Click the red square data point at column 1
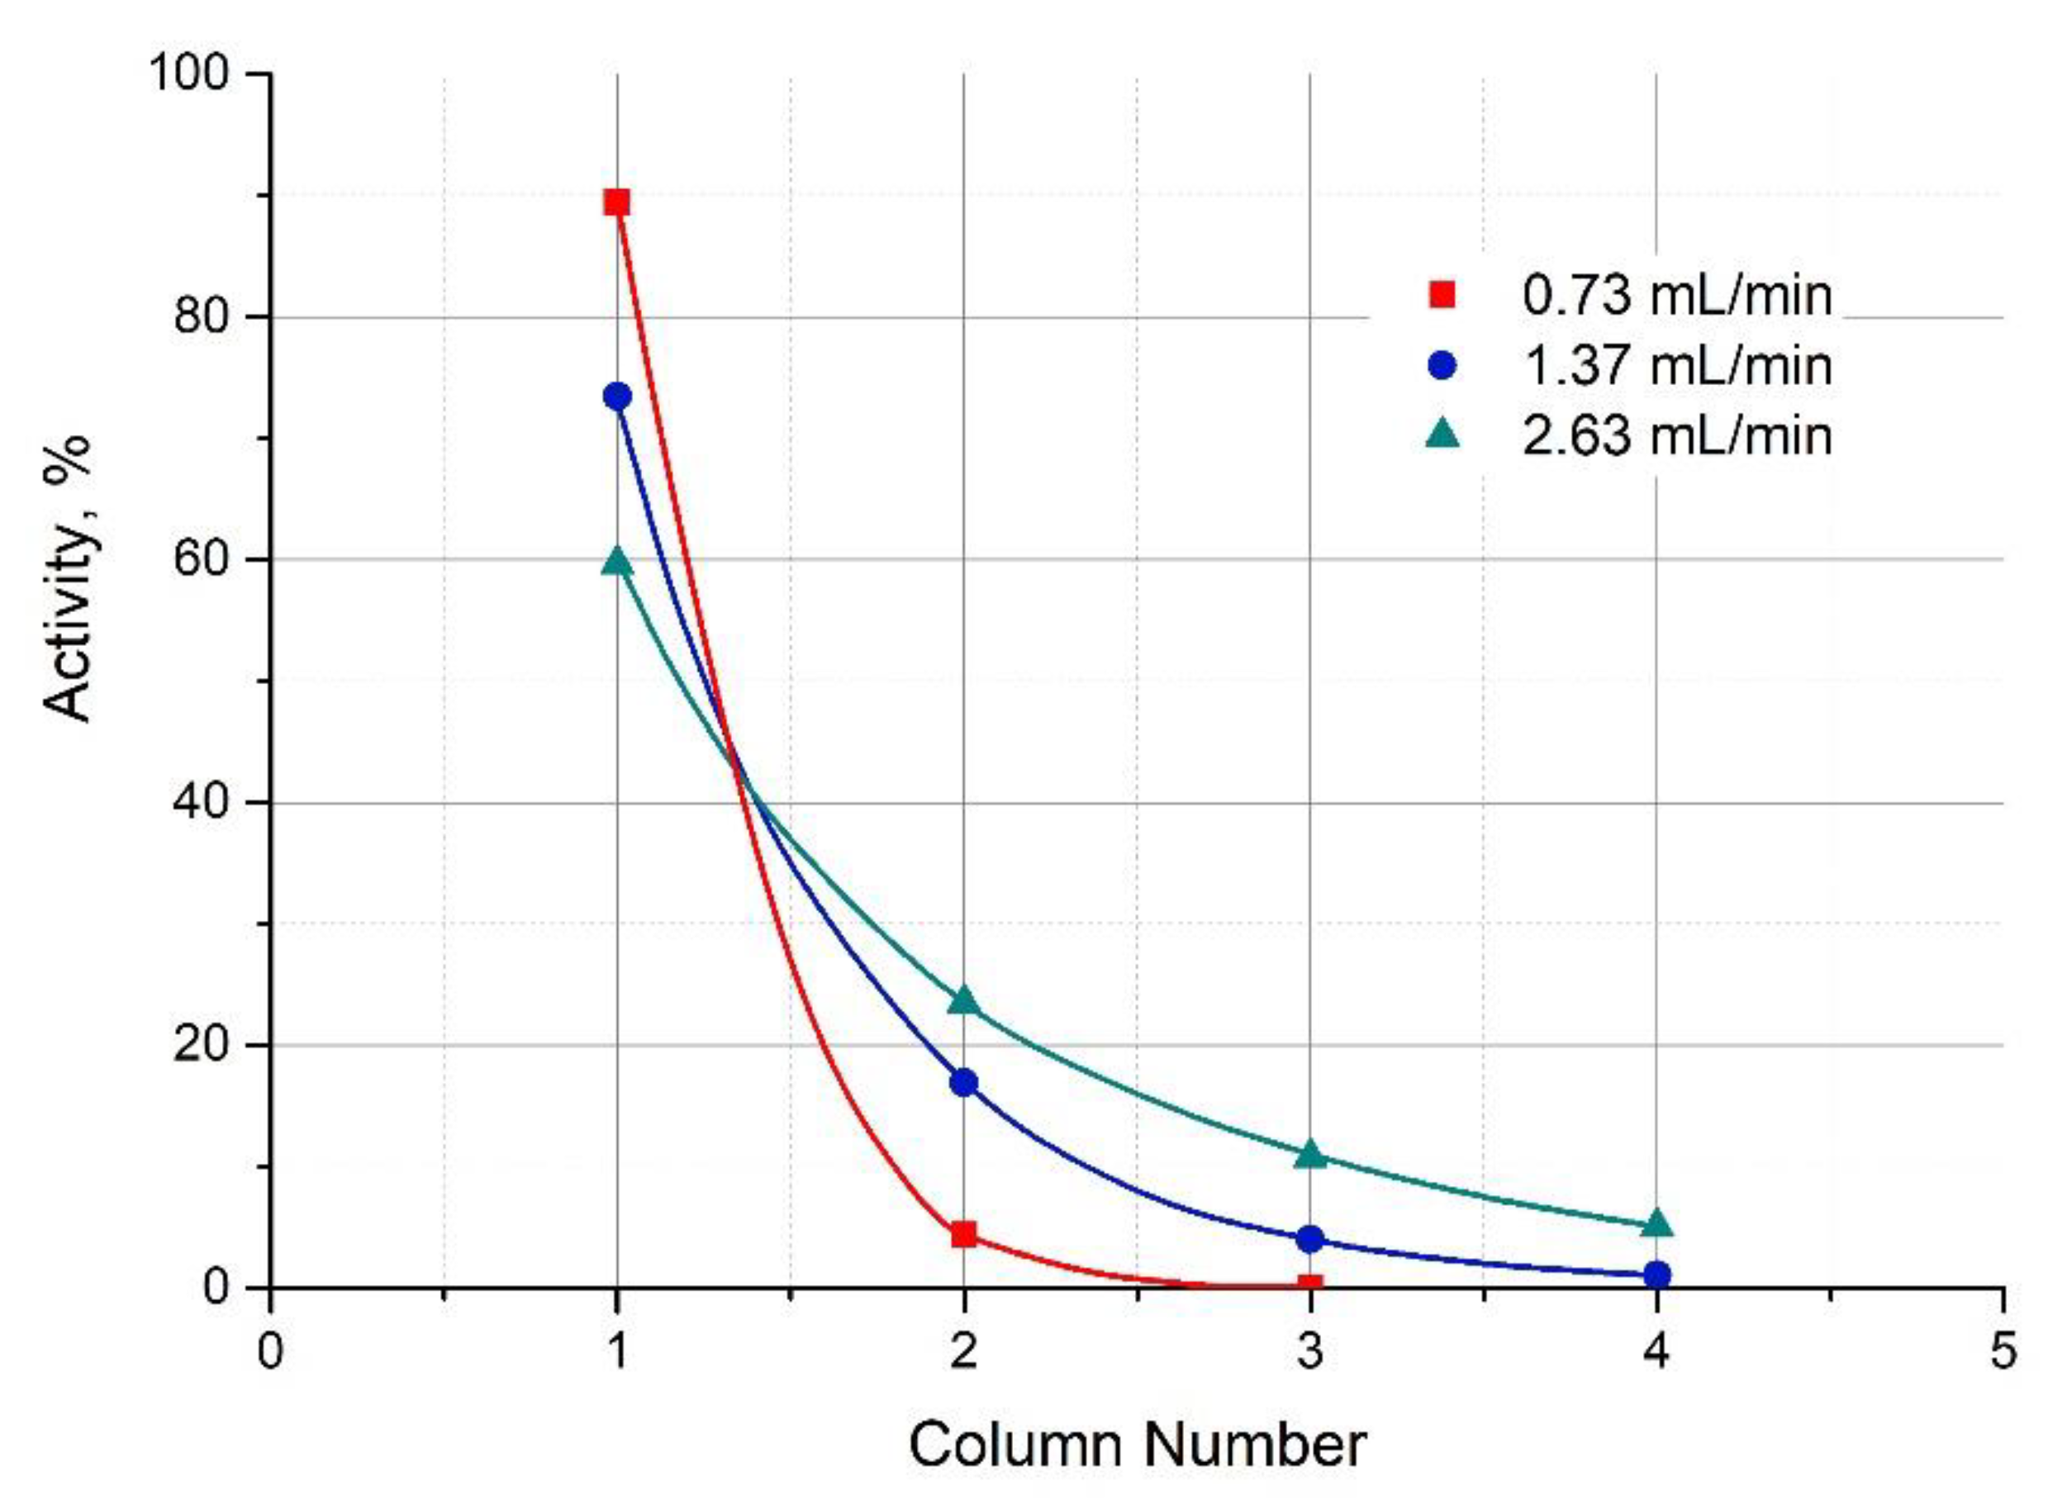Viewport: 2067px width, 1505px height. (617, 202)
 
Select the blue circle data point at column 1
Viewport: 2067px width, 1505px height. (617, 396)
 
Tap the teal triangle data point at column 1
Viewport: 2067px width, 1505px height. (617, 562)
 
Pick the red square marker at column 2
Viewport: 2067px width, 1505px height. (963, 1236)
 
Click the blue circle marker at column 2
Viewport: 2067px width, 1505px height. (963, 1083)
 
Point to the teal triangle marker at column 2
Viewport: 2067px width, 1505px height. (963, 1001)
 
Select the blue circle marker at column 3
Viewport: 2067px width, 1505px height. (1309, 1239)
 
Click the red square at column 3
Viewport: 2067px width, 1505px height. (1309, 1285)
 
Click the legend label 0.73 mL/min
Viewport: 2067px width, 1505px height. (1676, 295)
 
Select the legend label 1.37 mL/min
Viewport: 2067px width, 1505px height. (1676, 365)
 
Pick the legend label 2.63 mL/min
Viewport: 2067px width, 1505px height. (1676, 434)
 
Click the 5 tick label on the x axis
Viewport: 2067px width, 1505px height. (2003, 1351)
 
